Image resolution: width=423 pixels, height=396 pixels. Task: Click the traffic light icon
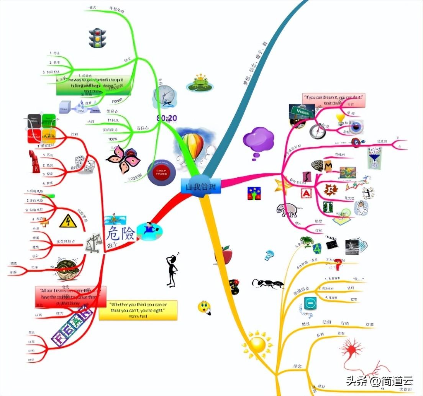(97, 38)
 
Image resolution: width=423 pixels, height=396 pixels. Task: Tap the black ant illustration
(267, 283)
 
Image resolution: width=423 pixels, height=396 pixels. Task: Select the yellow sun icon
(257, 344)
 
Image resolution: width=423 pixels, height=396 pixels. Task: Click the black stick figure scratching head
(172, 270)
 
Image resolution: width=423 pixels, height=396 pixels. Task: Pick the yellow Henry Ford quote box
(138, 310)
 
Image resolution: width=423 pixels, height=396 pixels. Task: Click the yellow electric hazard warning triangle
(68, 221)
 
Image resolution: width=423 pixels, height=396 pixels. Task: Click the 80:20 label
(167, 118)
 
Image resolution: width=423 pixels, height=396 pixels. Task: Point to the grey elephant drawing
(289, 209)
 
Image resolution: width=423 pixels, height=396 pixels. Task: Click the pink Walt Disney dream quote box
(333, 100)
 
